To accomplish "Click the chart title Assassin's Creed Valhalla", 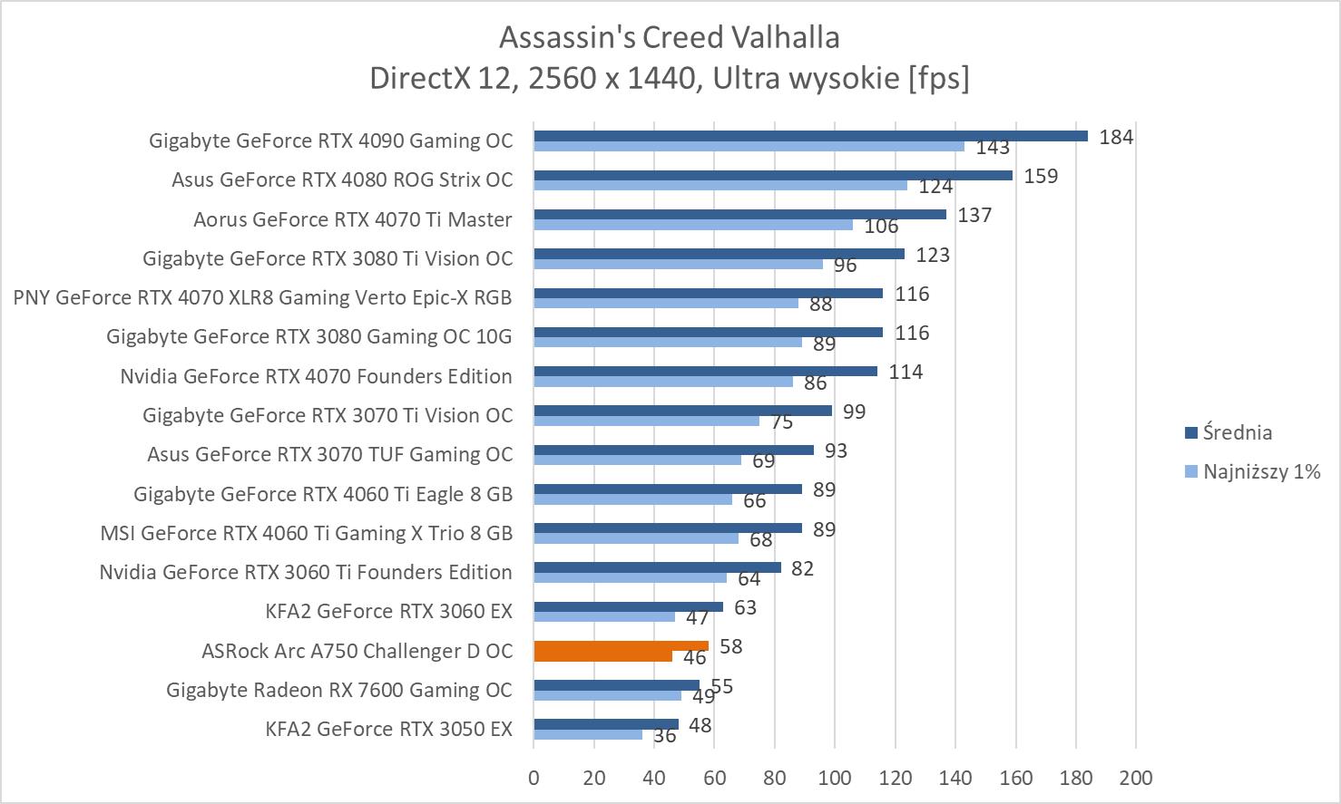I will (669, 37).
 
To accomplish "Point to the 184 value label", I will (1116, 137).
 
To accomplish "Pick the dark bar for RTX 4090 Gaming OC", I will (810, 136).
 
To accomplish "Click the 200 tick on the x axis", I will (1136, 778).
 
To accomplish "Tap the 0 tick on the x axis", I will (533, 778).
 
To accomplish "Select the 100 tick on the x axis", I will (835, 778).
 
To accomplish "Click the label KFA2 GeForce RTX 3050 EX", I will (388, 729).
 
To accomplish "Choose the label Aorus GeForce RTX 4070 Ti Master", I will (352, 219).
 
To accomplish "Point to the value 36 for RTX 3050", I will (665, 736).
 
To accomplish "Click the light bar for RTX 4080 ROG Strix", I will (720, 185).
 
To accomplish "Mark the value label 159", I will (1041, 176).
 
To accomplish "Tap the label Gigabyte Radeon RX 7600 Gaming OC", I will (339, 690).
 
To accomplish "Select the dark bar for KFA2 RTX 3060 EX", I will (628, 606).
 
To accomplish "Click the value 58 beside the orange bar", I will (730, 646).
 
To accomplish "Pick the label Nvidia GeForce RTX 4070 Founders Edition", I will (316, 376).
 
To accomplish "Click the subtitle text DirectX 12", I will (440, 79).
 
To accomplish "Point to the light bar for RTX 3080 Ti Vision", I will (678, 264).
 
